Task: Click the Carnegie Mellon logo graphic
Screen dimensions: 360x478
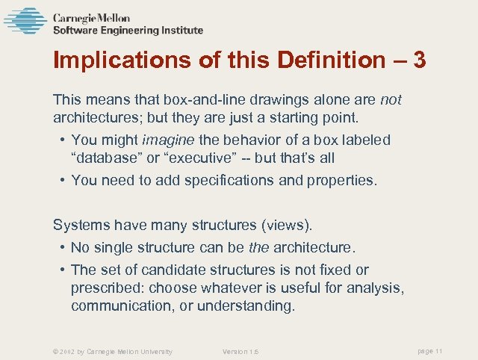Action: [x=25, y=21]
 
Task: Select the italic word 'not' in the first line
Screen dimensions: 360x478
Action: [x=391, y=99]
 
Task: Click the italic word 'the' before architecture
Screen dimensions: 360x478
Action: [x=259, y=247]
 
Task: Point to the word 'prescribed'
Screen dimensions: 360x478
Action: [x=107, y=288]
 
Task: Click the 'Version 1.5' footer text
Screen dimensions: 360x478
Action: [x=240, y=352]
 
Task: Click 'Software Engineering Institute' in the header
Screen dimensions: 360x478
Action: [x=128, y=31]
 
